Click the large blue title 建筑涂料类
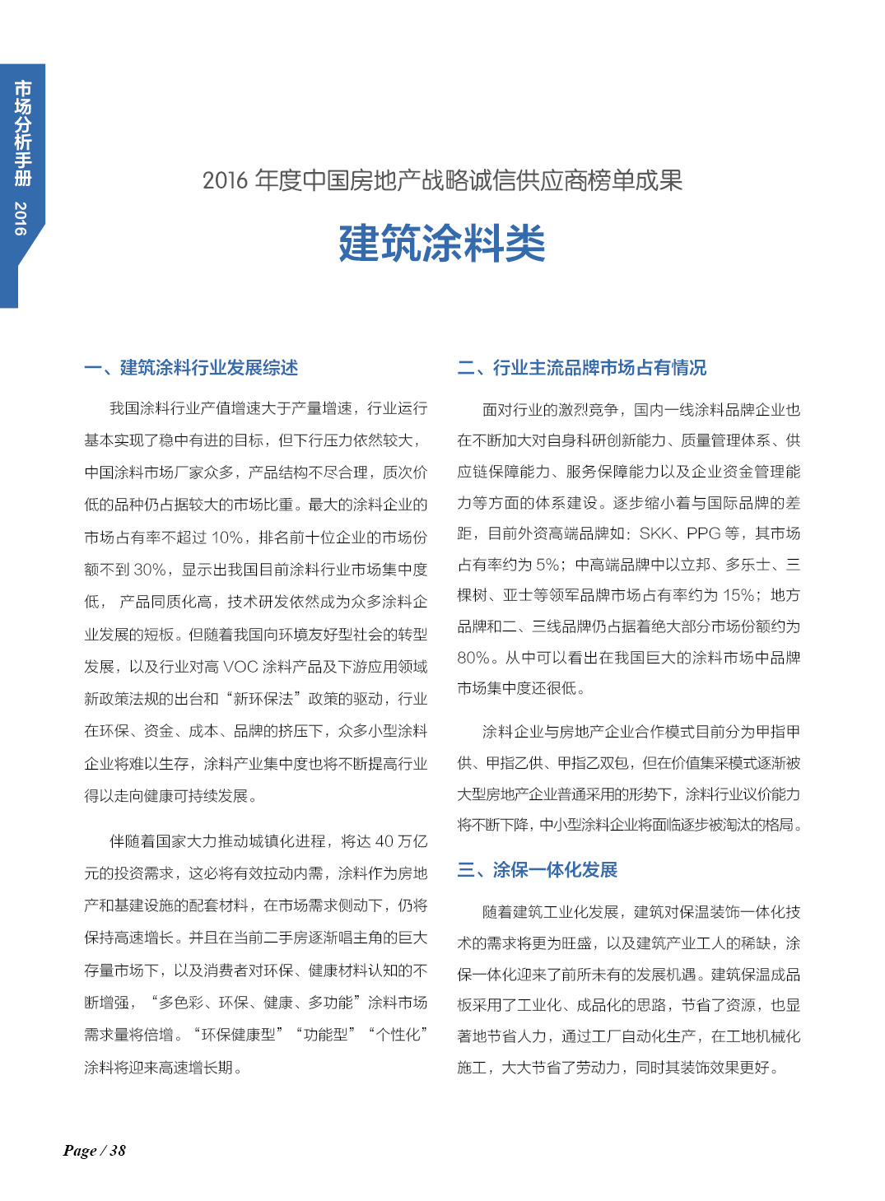pos(442,244)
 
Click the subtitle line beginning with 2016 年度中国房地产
pos(442,180)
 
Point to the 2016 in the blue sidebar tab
pos(21,218)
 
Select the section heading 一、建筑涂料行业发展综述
pos(191,368)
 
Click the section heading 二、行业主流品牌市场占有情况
pos(582,368)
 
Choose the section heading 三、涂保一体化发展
pos(538,870)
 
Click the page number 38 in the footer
pos(118,1151)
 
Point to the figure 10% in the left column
pos(227,538)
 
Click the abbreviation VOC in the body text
pos(240,667)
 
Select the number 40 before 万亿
pos(384,841)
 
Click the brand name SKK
pos(655,533)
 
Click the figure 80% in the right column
pos(473,658)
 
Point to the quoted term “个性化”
pos(398,1035)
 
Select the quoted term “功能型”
pos(325,1035)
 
